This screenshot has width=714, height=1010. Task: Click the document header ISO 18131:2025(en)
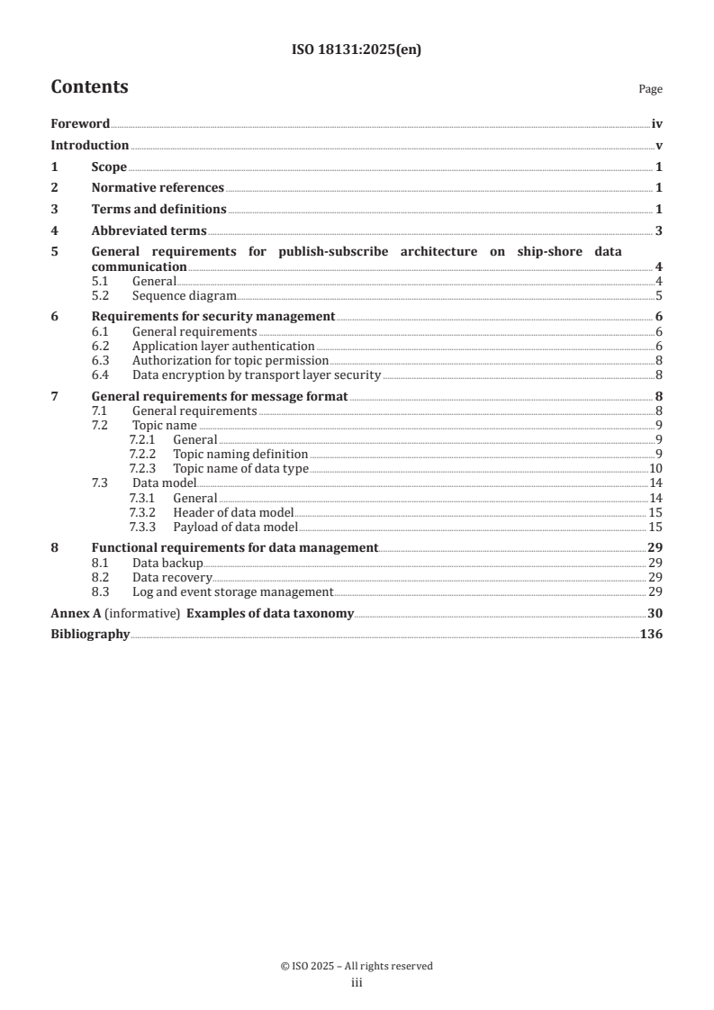click(x=357, y=50)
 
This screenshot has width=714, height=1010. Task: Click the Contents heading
click(x=89, y=87)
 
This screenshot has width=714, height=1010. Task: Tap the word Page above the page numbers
click(x=650, y=89)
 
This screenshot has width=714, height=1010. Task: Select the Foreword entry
click(x=80, y=124)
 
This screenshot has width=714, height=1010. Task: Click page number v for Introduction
click(x=659, y=146)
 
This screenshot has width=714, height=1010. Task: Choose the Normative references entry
click(x=158, y=188)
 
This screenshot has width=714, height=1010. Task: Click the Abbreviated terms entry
click(x=149, y=230)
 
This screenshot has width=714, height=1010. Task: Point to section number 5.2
click(x=101, y=295)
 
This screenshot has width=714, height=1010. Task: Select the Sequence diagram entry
click(x=185, y=295)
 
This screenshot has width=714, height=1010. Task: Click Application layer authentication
click(x=223, y=346)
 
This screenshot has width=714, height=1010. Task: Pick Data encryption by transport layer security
click(x=257, y=375)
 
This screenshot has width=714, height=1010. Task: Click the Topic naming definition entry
click(x=240, y=455)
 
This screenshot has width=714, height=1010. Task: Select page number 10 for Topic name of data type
click(x=656, y=469)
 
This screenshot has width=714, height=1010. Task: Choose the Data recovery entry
click(x=172, y=577)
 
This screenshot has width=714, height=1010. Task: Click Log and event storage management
click(x=232, y=592)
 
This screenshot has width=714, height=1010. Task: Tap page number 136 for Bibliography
click(x=651, y=635)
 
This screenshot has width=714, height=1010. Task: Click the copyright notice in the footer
click(x=357, y=966)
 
